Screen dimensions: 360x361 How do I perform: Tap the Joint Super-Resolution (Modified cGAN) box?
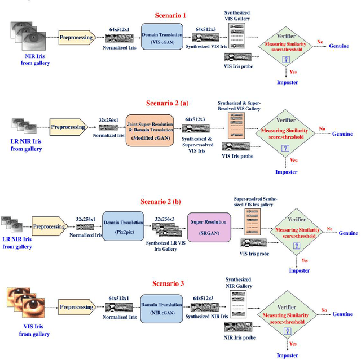(x=148, y=130)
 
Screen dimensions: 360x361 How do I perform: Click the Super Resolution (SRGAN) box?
(x=208, y=230)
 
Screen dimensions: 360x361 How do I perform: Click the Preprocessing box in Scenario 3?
(x=76, y=307)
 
